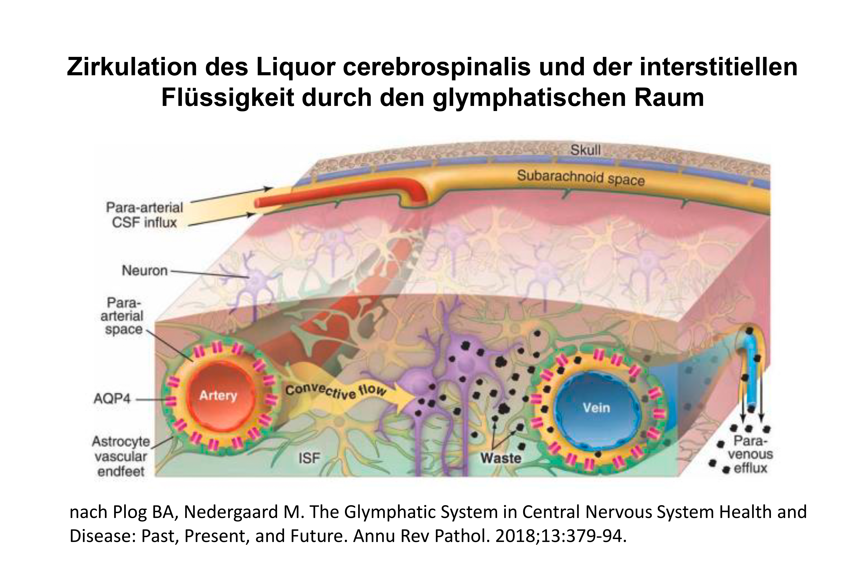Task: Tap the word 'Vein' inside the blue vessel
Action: tap(596, 408)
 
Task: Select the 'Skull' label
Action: tap(585, 150)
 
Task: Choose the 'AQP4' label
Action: tap(112, 399)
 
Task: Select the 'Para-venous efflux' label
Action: tap(750, 454)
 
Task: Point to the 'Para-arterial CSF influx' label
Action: tap(145, 215)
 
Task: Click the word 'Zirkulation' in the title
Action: tap(132, 67)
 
